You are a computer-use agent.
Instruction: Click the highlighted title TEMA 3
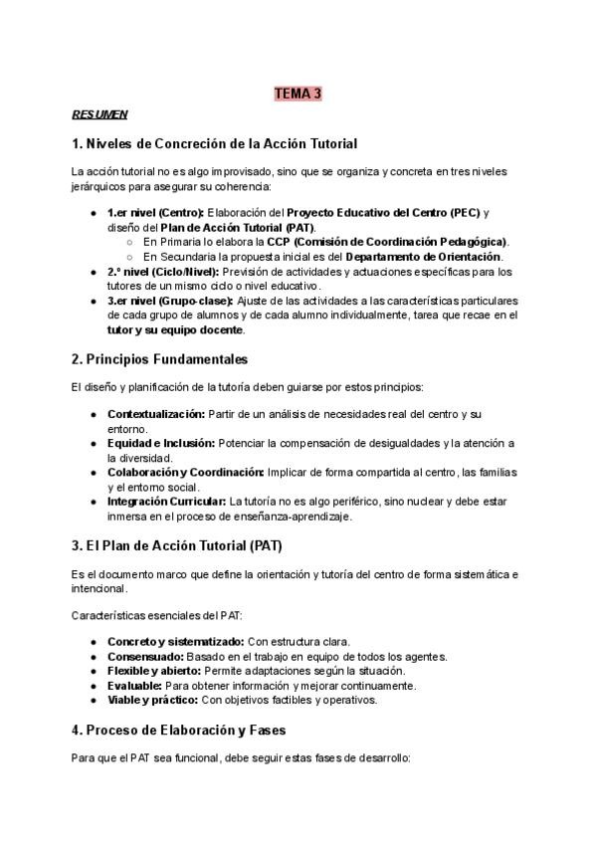coord(298,95)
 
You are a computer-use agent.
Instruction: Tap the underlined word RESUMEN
coord(99,114)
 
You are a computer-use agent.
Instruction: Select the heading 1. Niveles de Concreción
coord(214,143)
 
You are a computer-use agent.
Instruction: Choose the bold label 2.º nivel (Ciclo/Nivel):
coord(163,271)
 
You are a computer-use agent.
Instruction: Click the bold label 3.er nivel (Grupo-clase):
coord(170,300)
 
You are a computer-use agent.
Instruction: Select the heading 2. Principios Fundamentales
coord(159,358)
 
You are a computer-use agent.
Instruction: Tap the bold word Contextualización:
coord(156,413)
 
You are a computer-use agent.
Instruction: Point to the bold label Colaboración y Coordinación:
coord(186,472)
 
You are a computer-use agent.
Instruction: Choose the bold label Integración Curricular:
coord(166,502)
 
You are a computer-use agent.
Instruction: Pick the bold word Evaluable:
coord(134,686)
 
